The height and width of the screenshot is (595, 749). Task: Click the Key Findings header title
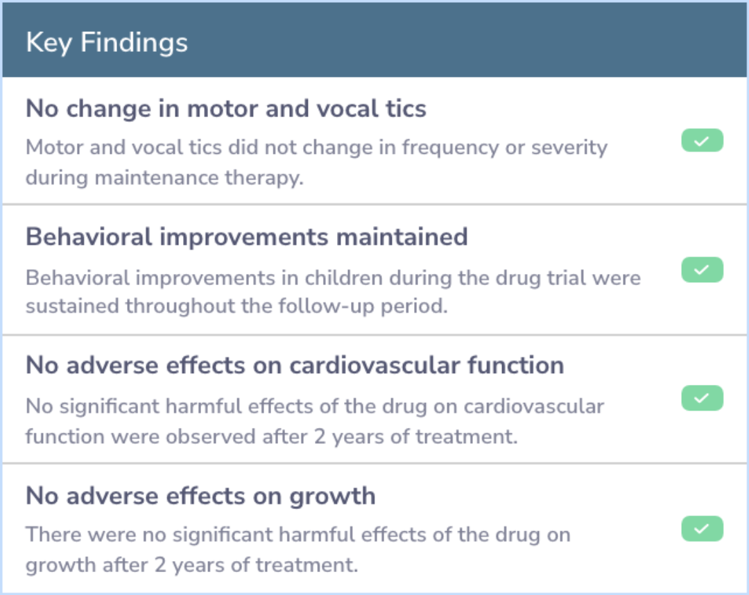[107, 43]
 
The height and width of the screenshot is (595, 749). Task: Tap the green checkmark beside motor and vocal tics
[702, 140]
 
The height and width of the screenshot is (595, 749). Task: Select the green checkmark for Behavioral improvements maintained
[702, 270]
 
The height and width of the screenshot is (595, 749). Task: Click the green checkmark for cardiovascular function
[702, 398]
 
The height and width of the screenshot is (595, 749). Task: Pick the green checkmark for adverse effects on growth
[702, 528]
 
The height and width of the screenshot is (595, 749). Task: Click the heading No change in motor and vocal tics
[226, 108]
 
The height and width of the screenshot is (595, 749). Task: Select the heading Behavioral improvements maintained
[246, 237]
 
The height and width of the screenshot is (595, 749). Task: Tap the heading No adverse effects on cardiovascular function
[295, 365]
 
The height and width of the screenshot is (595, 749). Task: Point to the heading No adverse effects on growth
[200, 496]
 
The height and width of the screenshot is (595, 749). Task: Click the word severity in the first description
[569, 148]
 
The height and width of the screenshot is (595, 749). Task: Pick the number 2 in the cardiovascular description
[320, 436]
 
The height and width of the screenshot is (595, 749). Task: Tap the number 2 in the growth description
[160, 565]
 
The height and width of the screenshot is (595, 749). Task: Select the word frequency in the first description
[450, 148]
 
